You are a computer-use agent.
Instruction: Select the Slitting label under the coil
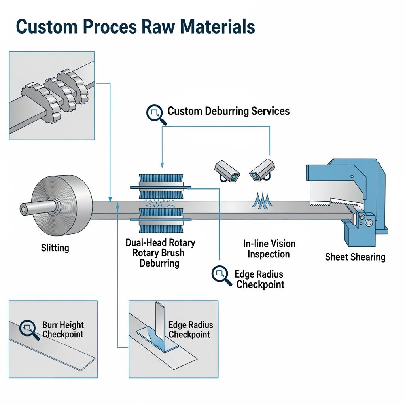[55, 248]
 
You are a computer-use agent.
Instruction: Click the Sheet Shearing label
[355, 257]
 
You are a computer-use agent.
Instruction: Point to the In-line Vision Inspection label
[269, 249]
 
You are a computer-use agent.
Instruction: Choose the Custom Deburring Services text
[228, 111]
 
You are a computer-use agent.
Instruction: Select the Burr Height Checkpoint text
[63, 329]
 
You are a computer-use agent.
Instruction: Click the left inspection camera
[227, 171]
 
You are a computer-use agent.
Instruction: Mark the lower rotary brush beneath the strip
[160, 224]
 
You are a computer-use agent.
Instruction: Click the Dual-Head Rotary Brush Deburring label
[160, 253]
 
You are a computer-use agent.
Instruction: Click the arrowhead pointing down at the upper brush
[161, 165]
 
